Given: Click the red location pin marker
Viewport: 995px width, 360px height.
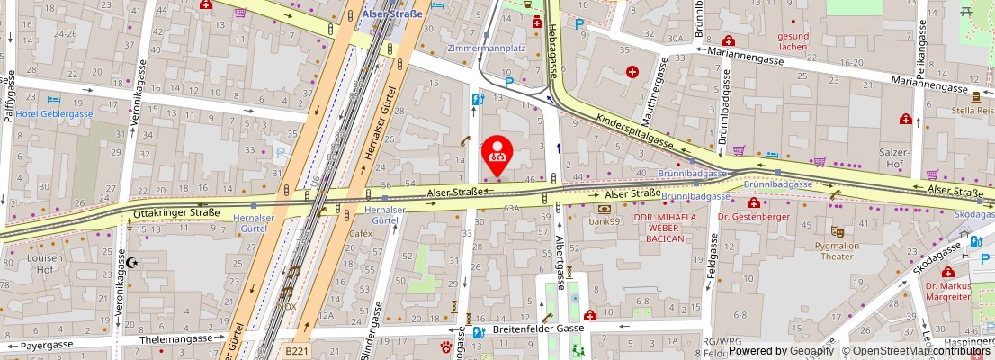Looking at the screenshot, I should (497, 155).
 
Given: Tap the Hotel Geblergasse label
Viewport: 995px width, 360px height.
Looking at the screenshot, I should (54, 114).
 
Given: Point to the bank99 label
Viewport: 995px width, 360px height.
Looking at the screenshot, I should (605, 220).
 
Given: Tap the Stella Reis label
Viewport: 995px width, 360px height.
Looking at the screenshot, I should (972, 111).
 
